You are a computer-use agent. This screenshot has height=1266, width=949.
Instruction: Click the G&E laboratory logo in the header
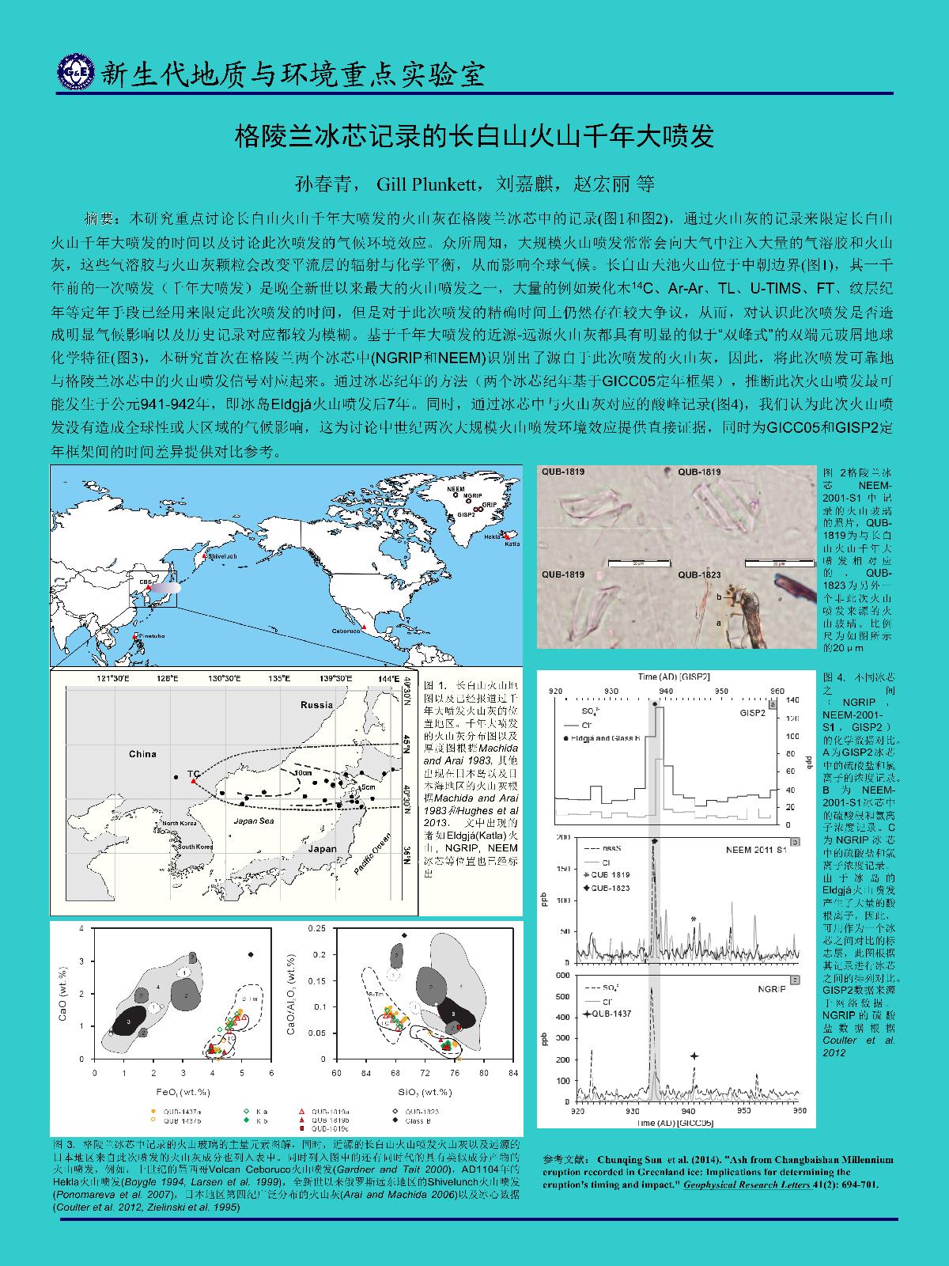tap(74, 73)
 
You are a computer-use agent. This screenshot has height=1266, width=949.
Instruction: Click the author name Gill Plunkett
tap(425, 184)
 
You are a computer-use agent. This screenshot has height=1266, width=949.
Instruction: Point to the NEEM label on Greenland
tap(455, 489)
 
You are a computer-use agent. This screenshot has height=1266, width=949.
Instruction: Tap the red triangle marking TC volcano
tap(194, 781)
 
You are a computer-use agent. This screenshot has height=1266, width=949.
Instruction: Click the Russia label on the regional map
tap(316, 704)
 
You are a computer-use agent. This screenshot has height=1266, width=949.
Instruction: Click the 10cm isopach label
tap(301, 772)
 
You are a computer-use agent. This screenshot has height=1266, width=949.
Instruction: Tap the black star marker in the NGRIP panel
tap(694, 1056)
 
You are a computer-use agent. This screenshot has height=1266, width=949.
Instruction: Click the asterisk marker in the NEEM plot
tap(694, 919)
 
